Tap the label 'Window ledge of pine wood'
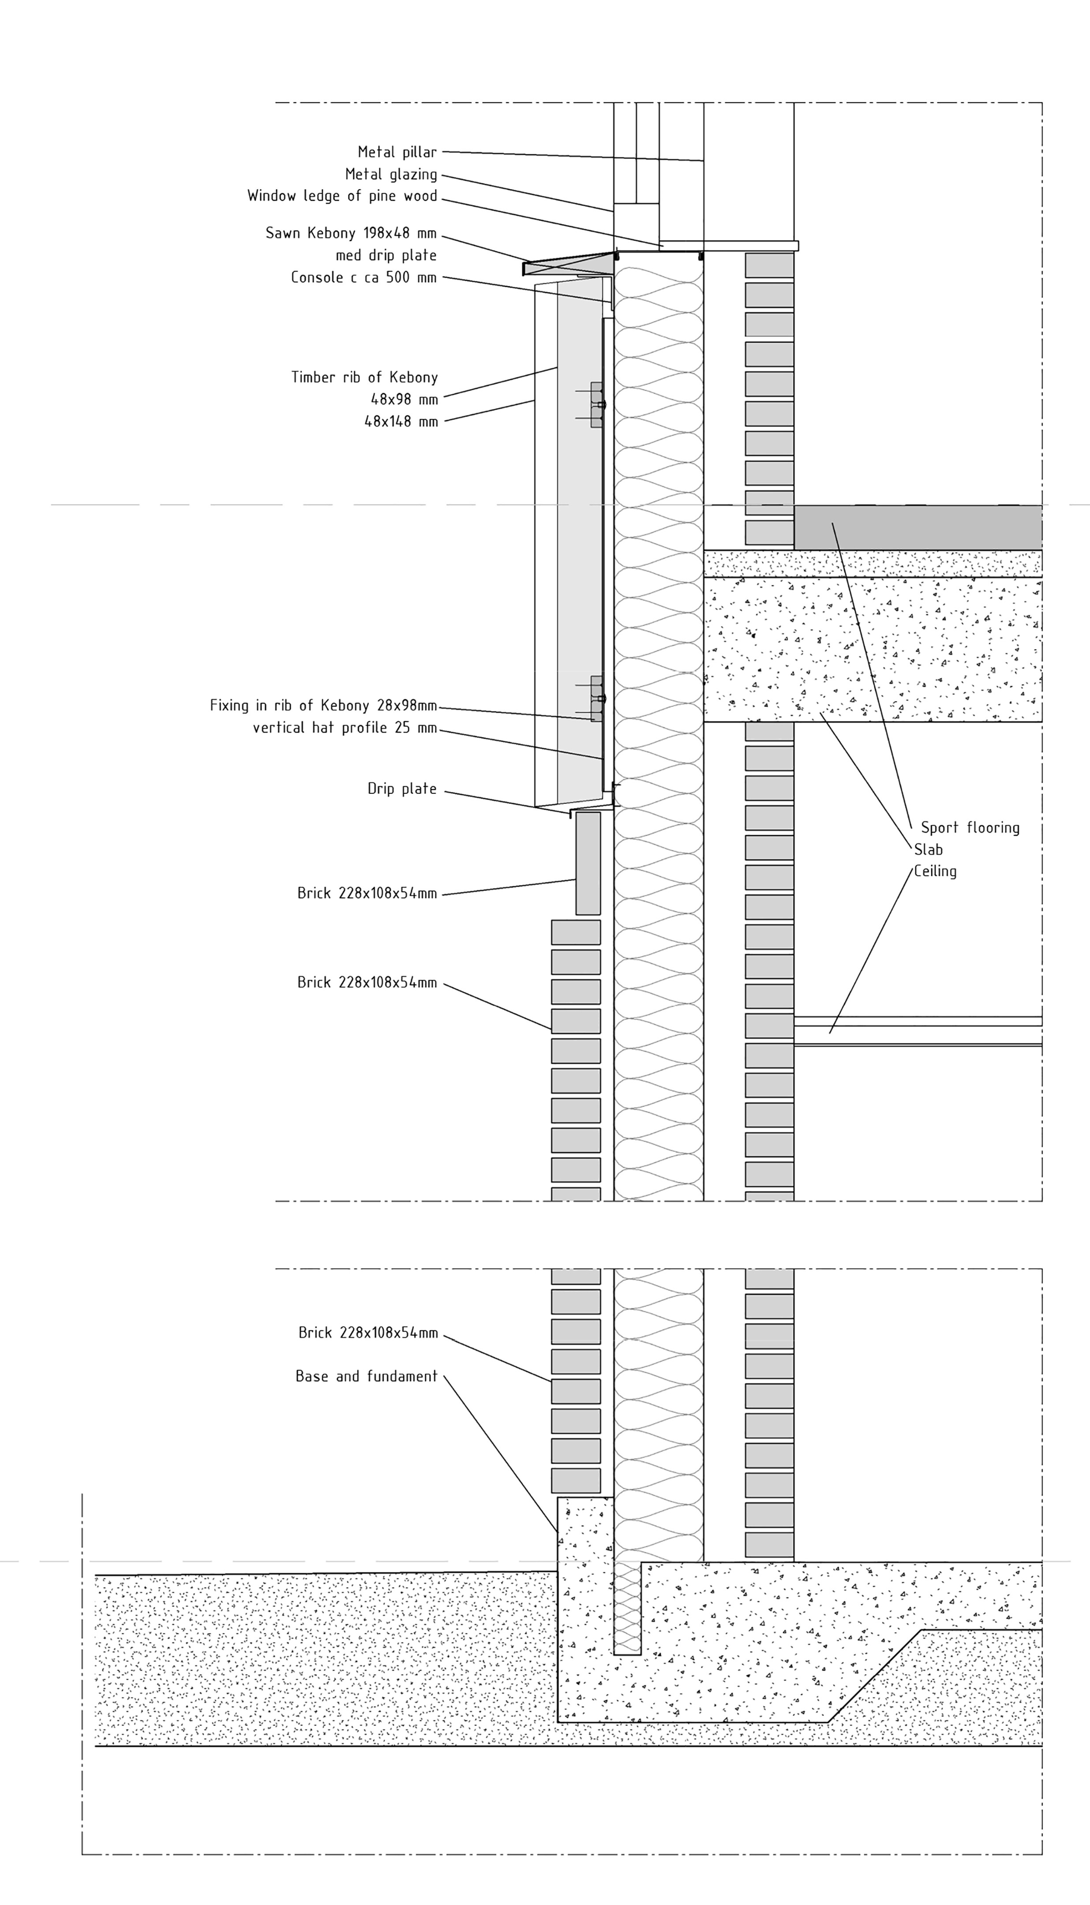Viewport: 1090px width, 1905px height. click(x=342, y=196)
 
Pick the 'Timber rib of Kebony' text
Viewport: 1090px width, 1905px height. click(x=364, y=377)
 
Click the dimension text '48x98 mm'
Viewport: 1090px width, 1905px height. click(x=404, y=399)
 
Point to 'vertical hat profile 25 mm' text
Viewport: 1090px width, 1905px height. click(x=345, y=727)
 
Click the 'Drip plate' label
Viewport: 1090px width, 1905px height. click(x=401, y=788)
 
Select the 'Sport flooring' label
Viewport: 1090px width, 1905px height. click(x=970, y=828)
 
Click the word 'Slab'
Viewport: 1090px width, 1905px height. click(x=928, y=849)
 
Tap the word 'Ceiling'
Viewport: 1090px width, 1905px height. click(x=935, y=871)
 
